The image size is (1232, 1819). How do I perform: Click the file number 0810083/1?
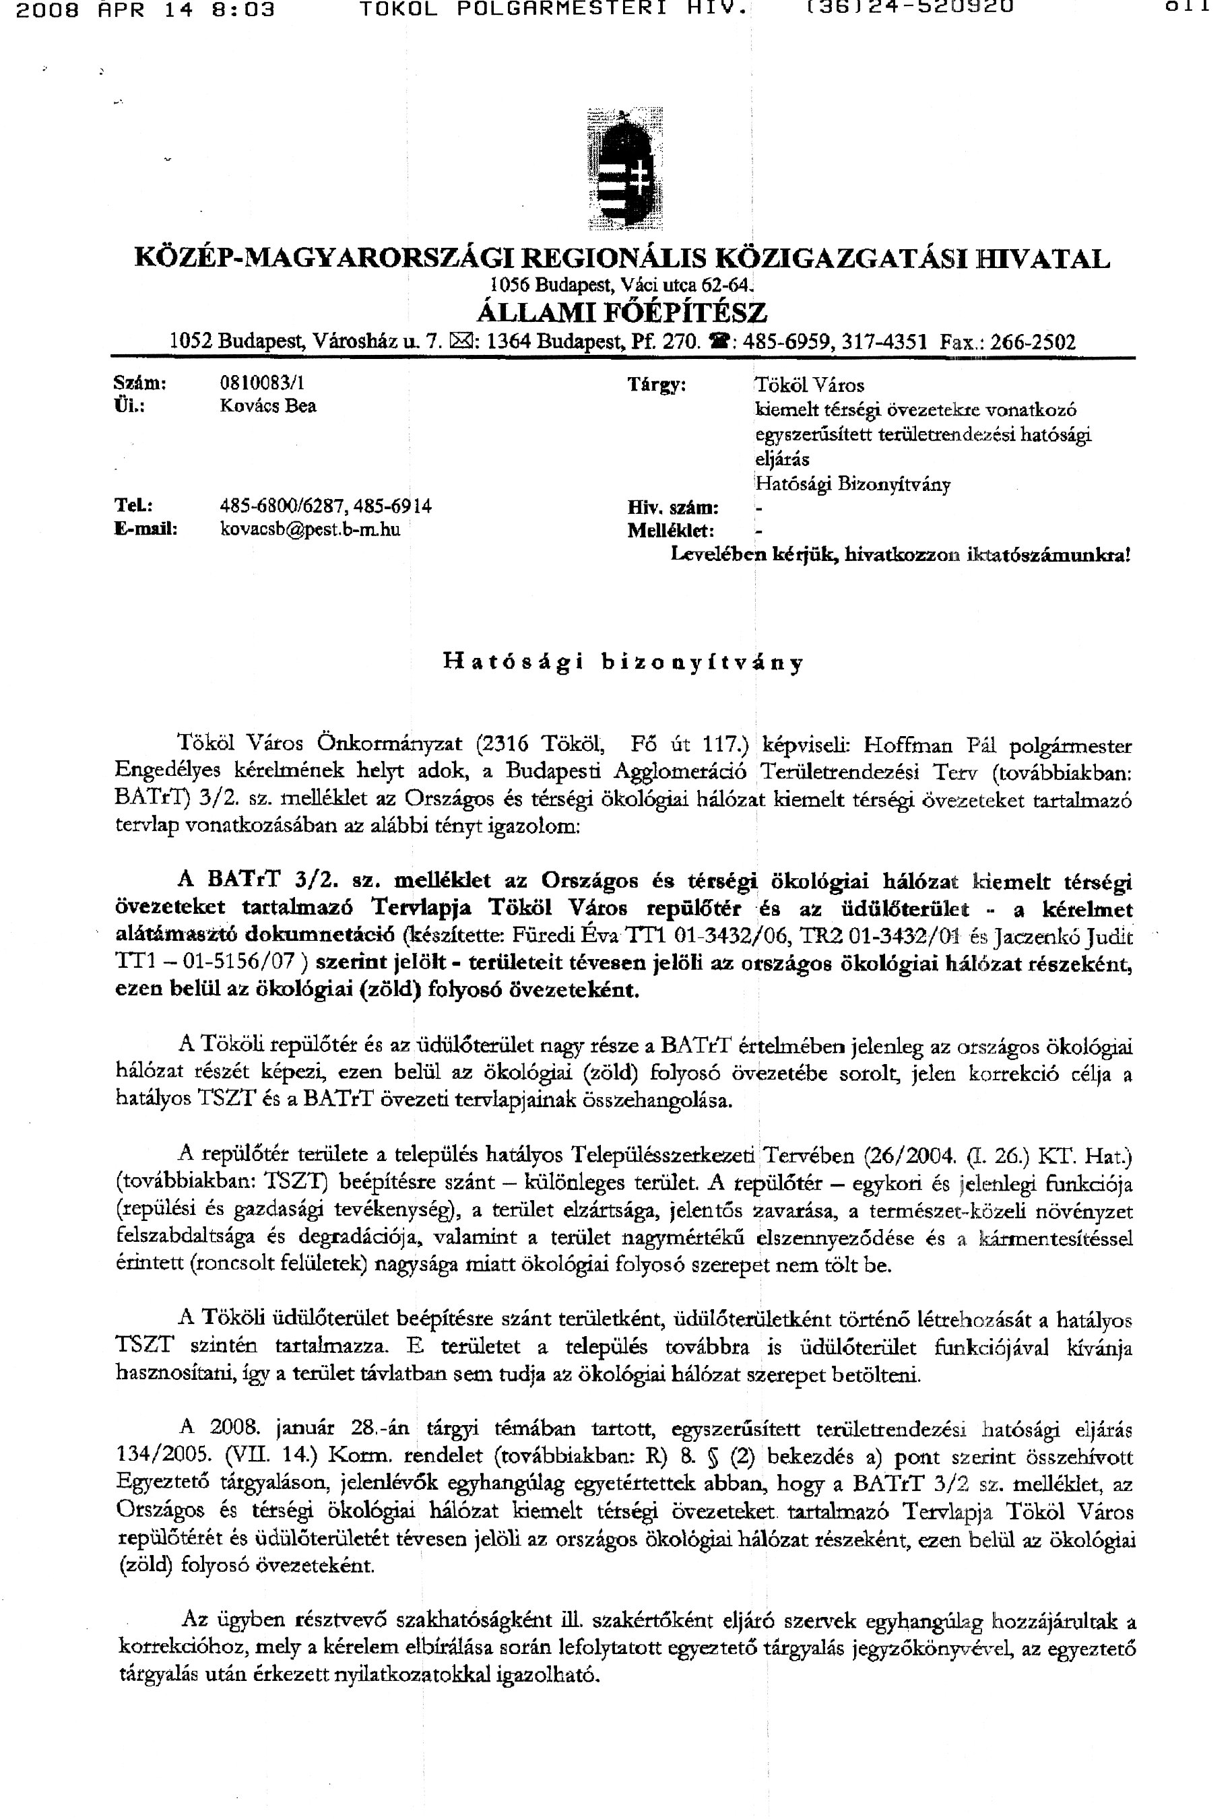[x=262, y=383]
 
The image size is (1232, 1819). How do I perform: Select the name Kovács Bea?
[x=267, y=406]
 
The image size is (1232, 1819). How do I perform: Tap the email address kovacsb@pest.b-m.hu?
[x=310, y=529]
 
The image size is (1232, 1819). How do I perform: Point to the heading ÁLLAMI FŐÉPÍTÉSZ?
[x=622, y=312]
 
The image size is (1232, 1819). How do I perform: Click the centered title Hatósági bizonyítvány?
[x=623, y=662]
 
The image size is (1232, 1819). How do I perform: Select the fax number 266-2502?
[x=1033, y=342]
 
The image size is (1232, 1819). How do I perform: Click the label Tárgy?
[x=657, y=385]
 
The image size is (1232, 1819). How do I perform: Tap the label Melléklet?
[x=670, y=531]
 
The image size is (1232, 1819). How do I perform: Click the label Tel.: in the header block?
[x=133, y=506]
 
